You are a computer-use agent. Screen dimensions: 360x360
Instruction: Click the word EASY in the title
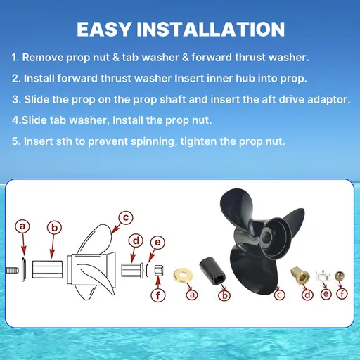tap(104, 29)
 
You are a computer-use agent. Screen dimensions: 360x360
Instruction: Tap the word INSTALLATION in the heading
tap(211, 29)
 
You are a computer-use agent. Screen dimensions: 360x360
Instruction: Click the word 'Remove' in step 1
tap(43, 58)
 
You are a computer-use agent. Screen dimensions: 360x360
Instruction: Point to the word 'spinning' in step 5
tap(154, 141)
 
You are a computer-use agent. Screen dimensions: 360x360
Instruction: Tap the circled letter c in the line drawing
tap(126, 217)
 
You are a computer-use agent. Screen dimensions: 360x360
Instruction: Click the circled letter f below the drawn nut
tap(158, 295)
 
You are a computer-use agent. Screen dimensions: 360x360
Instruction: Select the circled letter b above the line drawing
tap(54, 228)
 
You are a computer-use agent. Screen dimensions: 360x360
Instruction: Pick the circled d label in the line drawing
tap(136, 240)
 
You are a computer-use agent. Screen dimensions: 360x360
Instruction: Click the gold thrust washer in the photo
tap(183, 275)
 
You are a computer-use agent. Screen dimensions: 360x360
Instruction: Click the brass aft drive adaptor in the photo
tap(300, 274)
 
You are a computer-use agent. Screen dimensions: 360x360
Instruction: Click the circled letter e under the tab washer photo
tap(326, 293)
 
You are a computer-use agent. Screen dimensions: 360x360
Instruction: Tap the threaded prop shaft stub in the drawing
tap(12, 271)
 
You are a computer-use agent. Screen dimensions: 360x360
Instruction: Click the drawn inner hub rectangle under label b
tap(47, 269)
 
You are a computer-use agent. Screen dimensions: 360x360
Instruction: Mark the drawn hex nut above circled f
tap(159, 271)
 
